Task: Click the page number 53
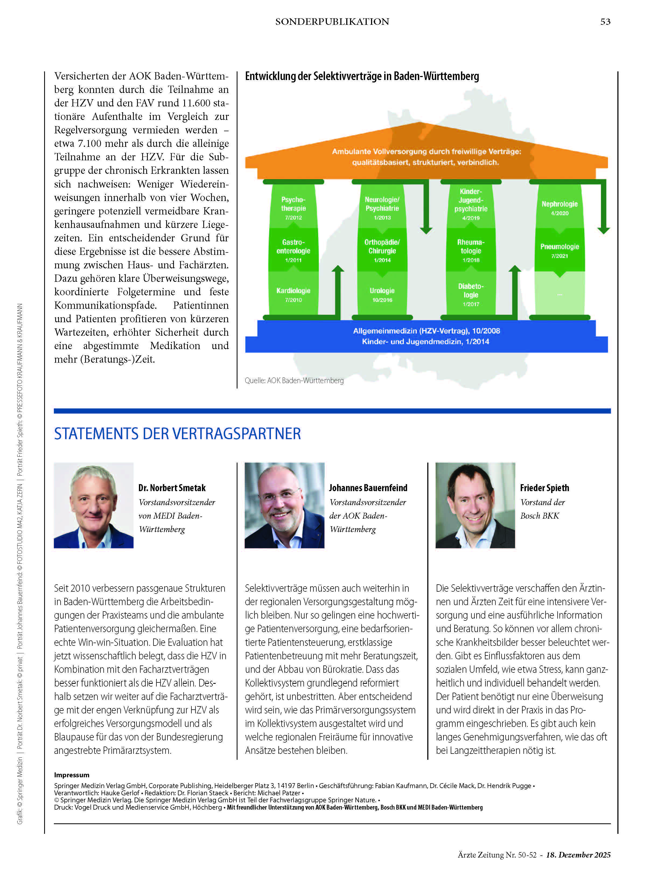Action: pos(605,22)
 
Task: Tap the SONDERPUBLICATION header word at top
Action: pos(332,22)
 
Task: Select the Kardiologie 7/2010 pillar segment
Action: pos(293,294)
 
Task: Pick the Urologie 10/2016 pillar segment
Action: pos(382,294)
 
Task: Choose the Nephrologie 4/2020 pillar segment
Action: pos(559,207)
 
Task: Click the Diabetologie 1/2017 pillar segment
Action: pos(471,294)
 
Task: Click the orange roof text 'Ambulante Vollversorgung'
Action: pos(426,152)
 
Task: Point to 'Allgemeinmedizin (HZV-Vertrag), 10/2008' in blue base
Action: pos(426,331)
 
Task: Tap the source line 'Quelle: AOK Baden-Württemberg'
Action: pos(294,380)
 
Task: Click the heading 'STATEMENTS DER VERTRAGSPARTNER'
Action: pos(177,433)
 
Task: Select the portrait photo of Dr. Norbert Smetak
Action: pos(93,505)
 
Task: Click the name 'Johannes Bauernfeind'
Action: pos(368,488)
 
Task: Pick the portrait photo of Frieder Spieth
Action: pos(475,505)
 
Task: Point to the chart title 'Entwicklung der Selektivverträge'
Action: pos(362,76)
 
